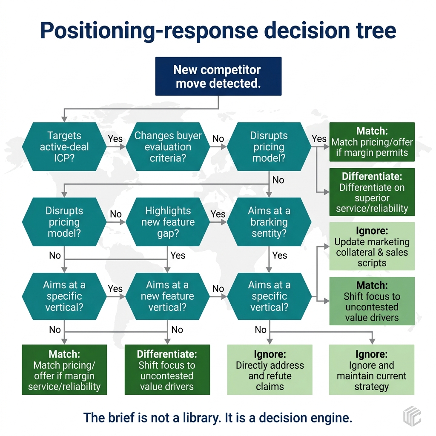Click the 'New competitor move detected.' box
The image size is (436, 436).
click(218, 76)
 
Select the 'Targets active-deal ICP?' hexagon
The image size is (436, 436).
click(64, 147)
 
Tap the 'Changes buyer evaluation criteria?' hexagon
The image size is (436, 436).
click(168, 147)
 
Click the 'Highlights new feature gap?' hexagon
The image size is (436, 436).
click(168, 222)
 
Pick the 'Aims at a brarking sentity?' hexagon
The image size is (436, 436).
click(269, 222)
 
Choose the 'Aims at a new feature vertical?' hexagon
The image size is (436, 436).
click(167, 296)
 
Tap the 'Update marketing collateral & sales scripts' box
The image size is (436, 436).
click(372, 247)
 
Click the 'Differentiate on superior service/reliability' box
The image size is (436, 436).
click(372, 192)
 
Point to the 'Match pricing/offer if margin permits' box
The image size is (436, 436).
click(372, 142)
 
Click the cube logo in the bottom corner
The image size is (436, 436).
click(412, 416)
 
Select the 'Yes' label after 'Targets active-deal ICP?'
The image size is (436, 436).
click(115, 139)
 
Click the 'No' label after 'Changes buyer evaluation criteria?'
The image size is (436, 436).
click(218, 139)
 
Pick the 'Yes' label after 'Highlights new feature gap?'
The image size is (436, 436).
click(218, 214)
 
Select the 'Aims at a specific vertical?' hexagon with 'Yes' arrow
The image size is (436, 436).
click(64, 296)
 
